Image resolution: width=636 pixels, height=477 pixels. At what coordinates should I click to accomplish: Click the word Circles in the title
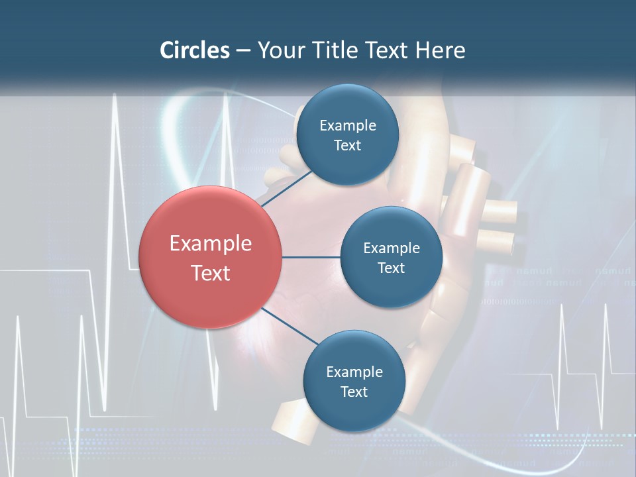pos(195,50)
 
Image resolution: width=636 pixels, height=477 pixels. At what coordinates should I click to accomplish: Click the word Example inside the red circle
pos(211,244)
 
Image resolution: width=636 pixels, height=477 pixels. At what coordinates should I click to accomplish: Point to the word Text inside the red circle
pos(211,273)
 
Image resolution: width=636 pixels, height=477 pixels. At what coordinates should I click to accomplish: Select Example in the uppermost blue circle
pos(348,126)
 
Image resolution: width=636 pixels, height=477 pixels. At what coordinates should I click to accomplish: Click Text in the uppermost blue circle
pos(348,146)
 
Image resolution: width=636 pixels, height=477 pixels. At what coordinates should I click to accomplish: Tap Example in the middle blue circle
pos(392,248)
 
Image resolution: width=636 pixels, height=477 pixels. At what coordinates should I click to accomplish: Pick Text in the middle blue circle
pos(392,268)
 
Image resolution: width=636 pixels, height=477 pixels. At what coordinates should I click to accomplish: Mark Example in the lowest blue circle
pos(354,372)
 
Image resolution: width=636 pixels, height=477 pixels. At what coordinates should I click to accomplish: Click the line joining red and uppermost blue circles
pos(287,187)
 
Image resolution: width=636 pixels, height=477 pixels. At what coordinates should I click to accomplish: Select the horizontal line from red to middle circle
pos(311,257)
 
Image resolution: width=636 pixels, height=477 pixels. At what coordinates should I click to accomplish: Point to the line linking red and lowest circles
pos(290,326)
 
